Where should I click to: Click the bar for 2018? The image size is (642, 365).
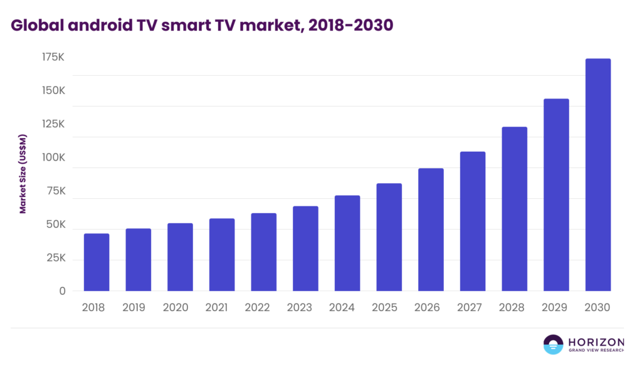pos(97,262)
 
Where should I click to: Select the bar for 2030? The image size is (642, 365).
pos(597,175)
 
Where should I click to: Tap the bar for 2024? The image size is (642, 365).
pos(347,243)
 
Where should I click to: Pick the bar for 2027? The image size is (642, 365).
pos(473,221)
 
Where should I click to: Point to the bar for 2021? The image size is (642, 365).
pos(222,255)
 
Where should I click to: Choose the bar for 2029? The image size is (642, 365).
pos(556,195)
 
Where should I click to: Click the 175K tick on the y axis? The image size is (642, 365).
pos(53,57)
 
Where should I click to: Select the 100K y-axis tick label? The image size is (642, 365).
pos(53,157)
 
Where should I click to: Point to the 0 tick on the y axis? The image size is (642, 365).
pos(62,291)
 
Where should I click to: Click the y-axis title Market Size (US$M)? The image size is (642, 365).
pos(23,174)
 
